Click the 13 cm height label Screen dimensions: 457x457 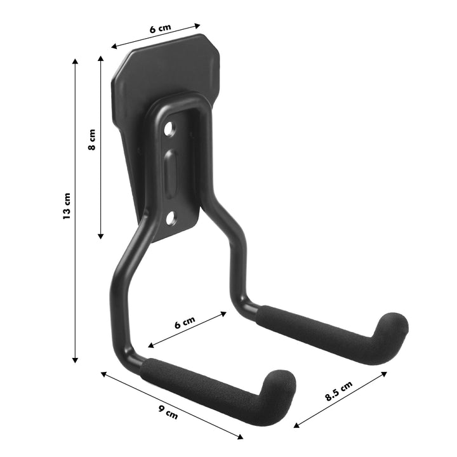point(67,207)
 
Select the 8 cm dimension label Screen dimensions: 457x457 point(92,140)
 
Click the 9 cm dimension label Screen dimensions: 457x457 point(168,413)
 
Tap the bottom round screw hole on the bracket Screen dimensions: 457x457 point(170,219)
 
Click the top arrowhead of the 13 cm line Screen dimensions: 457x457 point(75,61)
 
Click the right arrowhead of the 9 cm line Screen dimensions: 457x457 point(241,436)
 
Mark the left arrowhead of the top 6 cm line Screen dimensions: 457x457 point(114,46)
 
